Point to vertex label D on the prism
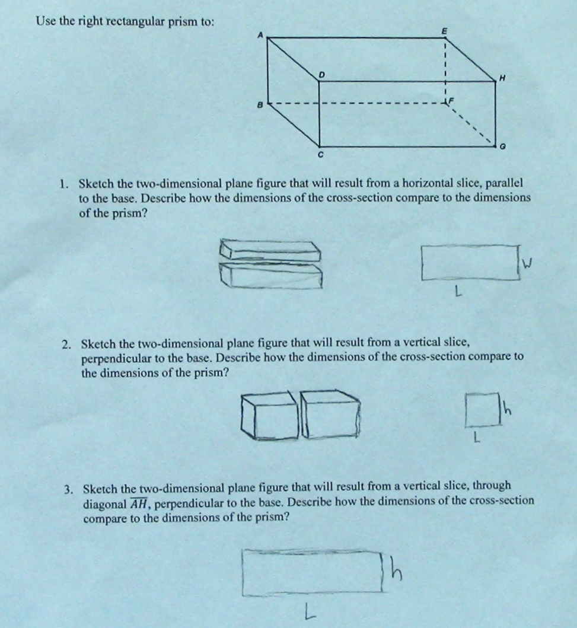click(x=322, y=75)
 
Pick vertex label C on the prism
click(x=320, y=156)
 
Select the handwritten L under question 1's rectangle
click(x=457, y=292)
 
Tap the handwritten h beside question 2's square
click(x=506, y=409)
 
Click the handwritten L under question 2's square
click(x=474, y=439)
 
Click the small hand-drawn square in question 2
click(x=481, y=410)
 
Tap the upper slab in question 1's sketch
click(x=270, y=250)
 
